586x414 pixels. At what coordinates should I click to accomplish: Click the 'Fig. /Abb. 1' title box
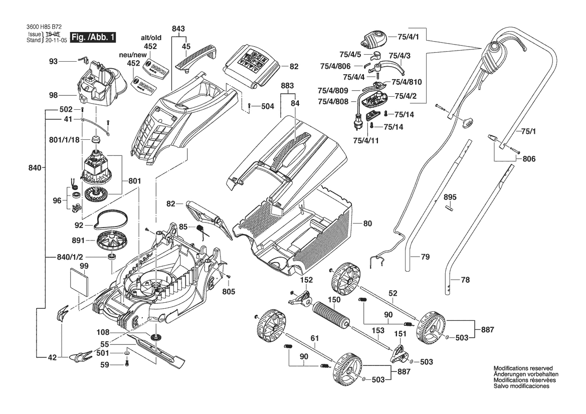(93, 38)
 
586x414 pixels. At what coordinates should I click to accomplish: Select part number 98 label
(54, 95)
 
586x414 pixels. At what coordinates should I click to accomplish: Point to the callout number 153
(378, 331)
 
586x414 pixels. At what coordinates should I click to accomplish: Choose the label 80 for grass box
(367, 224)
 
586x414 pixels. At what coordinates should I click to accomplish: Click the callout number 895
(450, 197)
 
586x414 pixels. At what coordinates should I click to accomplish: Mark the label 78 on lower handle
(465, 280)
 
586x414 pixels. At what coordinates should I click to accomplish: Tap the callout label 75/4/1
(408, 37)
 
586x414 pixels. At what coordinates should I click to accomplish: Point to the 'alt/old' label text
(150, 38)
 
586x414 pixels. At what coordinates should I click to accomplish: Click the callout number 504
(267, 106)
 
